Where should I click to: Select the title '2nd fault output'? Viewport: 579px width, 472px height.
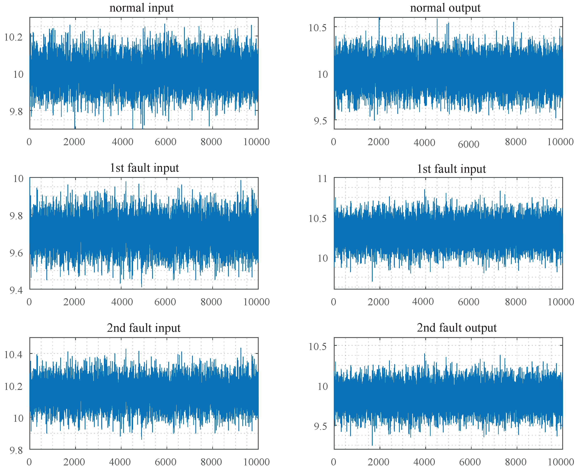point(457,328)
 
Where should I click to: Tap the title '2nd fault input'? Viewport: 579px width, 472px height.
point(144,328)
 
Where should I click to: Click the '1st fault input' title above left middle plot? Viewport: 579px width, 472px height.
point(144,168)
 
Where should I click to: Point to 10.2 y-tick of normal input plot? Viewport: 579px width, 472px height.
point(13,37)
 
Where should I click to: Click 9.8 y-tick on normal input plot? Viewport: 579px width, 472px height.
point(16,111)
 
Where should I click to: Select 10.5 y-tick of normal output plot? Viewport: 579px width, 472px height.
point(317,28)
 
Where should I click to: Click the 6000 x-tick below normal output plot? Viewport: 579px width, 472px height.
point(468,144)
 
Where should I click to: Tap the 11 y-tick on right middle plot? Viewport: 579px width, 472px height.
point(323,179)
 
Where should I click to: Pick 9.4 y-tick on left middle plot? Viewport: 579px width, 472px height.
point(16,291)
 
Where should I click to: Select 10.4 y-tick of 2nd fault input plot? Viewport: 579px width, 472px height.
point(13,355)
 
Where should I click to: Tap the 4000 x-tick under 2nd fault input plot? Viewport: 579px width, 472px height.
point(120,462)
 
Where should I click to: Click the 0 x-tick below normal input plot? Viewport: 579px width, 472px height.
point(29,142)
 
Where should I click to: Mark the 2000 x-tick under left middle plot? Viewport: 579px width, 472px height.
point(74,302)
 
